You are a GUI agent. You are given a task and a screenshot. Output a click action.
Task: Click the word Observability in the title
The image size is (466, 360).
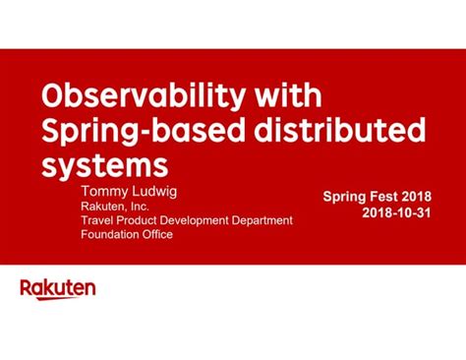[137, 97]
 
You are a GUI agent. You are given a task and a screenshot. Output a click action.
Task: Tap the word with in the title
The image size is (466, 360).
[287, 97]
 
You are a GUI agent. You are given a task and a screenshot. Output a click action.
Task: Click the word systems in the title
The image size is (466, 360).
[98, 160]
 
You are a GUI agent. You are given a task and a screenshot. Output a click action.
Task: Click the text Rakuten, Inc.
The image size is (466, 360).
[114, 205]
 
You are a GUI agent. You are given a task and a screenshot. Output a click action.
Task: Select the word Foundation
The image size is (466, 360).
[111, 235]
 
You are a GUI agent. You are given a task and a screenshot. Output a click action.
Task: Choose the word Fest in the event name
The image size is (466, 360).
[384, 196]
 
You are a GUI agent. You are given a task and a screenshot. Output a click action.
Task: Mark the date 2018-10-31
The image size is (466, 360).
[396, 212]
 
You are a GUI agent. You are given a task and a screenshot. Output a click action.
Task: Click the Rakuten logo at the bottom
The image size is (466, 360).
[58, 288]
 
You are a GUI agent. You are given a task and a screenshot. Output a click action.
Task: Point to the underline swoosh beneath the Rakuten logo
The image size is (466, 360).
[58, 298]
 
